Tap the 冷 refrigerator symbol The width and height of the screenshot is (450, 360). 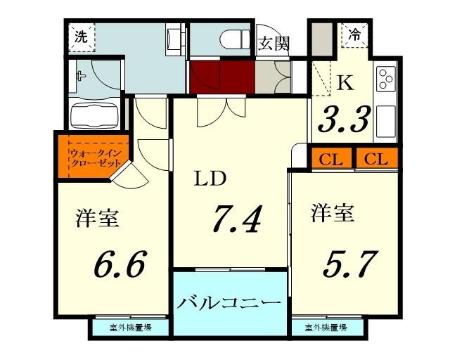click(356, 33)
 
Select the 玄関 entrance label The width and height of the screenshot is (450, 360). click(274, 44)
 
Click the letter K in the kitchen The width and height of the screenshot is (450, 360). click(345, 83)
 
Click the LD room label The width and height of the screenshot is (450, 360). click(210, 179)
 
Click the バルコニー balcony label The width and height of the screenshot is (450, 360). click(229, 303)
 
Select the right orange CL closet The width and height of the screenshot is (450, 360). click(377, 159)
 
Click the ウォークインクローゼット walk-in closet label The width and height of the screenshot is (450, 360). click(94, 158)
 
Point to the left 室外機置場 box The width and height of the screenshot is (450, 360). click(129, 328)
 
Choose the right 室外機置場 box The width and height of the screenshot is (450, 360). click(326, 328)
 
